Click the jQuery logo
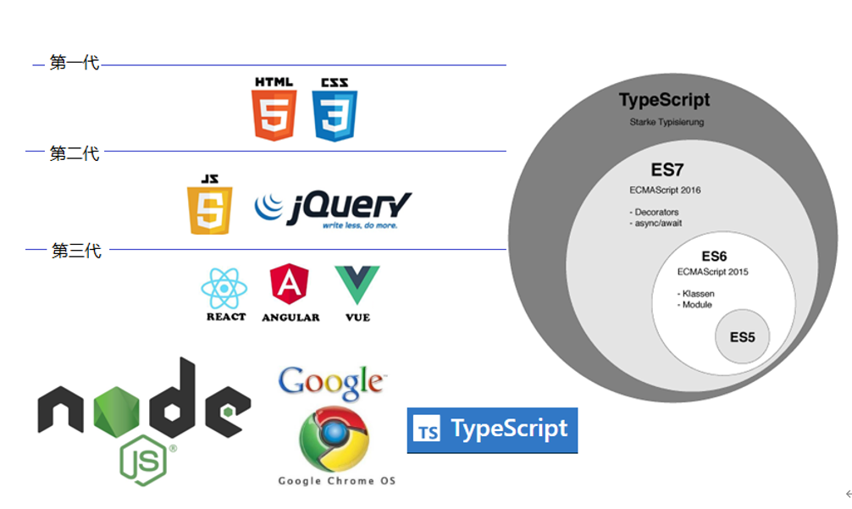click(x=334, y=207)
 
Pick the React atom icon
click(x=224, y=289)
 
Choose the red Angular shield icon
click(x=289, y=285)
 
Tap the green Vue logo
click(x=357, y=285)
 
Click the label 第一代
click(x=75, y=63)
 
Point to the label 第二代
click(x=75, y=153)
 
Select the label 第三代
click(x=76, y=251)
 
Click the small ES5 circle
click(x=742, y=337)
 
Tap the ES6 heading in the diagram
click(x=714, y=256)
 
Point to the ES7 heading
click(x=667, y=169)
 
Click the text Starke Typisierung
click(x=667, y=122)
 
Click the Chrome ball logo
click(x=333, y=440)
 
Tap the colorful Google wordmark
click(x=331, y=382)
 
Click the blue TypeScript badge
click(x=492, y=430)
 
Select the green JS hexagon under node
click(x=144, y=460)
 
